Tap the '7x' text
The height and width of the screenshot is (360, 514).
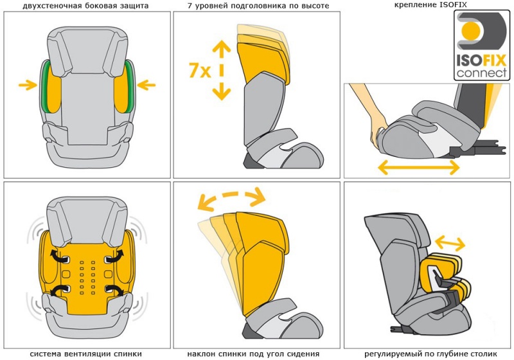click(x=200, y=71)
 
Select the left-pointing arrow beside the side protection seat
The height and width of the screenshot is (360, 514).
click(x=146, y=84)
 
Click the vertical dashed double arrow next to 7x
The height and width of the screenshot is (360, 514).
click(x=222, y=69)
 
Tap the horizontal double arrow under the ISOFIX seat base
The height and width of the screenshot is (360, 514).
click(x=418, y=167)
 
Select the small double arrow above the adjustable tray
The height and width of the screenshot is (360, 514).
click(x=450, y=244)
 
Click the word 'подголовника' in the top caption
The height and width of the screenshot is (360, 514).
click(x=263, y=6)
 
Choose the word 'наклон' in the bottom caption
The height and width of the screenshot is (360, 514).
click(x=202, y=354)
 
